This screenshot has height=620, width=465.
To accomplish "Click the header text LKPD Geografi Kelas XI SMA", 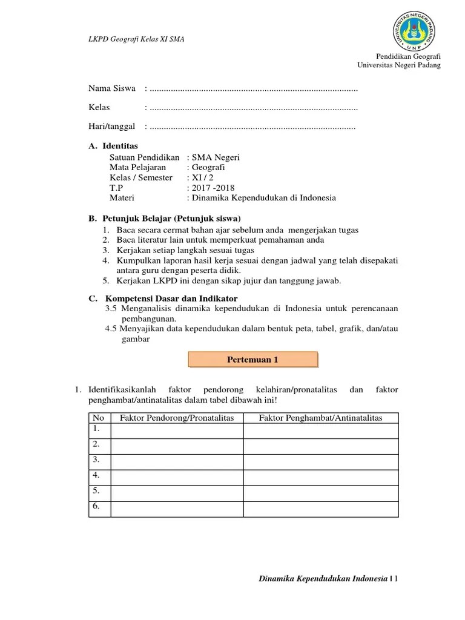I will tap(136, 40).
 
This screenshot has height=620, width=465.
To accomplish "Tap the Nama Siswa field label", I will tap(112, 89).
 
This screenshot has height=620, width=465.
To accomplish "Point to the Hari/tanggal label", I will tap(113, 127).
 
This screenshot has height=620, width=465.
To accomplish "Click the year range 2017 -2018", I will tap(213, 188).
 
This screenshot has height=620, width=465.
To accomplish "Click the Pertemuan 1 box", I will tap(252, 359).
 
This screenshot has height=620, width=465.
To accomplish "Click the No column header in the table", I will tap(98, 418).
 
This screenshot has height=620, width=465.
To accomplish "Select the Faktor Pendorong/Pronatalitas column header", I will tap(176, 418).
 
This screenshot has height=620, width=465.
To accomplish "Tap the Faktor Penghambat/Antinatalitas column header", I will tap(321, 418).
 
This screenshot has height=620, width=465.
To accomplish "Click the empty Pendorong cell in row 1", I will tap(176, 430).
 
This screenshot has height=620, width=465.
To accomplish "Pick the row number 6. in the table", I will tap(96, 507).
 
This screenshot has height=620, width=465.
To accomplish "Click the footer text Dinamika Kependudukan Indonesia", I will tap(322, 579).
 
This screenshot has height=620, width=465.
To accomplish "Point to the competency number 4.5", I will tap(111, 329).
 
